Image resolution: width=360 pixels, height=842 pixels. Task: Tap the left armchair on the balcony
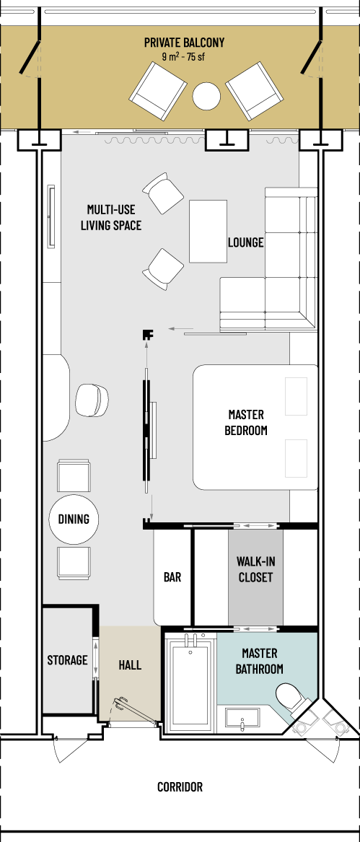click(158, 91)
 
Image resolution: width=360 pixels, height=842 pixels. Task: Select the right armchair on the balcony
click(254, 91)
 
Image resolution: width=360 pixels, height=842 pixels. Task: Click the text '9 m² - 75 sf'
click(184, 58)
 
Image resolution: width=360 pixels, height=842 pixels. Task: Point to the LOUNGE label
click(245, 242)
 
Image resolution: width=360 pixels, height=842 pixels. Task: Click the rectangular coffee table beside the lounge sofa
click(208, 232)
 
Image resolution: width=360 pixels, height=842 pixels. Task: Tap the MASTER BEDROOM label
click(246, 423)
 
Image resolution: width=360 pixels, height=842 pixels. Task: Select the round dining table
click(74, 519)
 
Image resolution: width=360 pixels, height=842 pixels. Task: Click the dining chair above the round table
click(74, 476)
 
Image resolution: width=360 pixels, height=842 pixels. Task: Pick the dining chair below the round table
click(74, 563)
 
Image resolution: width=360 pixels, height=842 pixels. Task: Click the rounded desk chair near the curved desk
click(92, 400)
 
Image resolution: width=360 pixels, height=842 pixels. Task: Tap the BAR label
click(172, 578)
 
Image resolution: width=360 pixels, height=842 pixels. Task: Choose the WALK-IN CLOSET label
click(255, 569)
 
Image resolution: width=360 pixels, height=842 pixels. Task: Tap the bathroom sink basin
click(243, 719)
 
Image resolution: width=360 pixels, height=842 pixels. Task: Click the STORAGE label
click(67, 660)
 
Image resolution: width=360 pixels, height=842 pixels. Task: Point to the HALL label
click(130, 665)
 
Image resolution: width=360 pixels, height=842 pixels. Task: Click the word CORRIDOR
click(180, 787)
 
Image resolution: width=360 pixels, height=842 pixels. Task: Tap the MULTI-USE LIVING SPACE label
click(111, 217)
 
